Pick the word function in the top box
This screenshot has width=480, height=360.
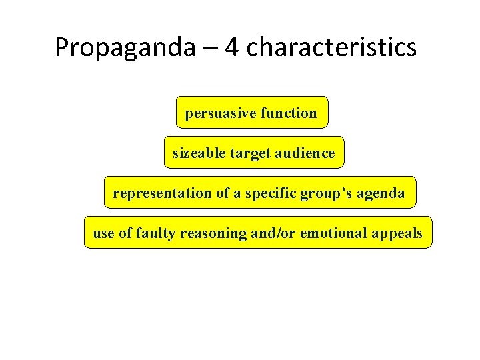[x=289, y=113]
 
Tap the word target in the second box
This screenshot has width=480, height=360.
[x=249, y=153]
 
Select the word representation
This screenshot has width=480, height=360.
[x=162, y=193]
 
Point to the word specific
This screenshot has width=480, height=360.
[x=273, y=193]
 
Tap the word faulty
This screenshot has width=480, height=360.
[x=155, y=233]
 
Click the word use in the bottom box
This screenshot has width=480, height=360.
[x=103, y=233]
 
